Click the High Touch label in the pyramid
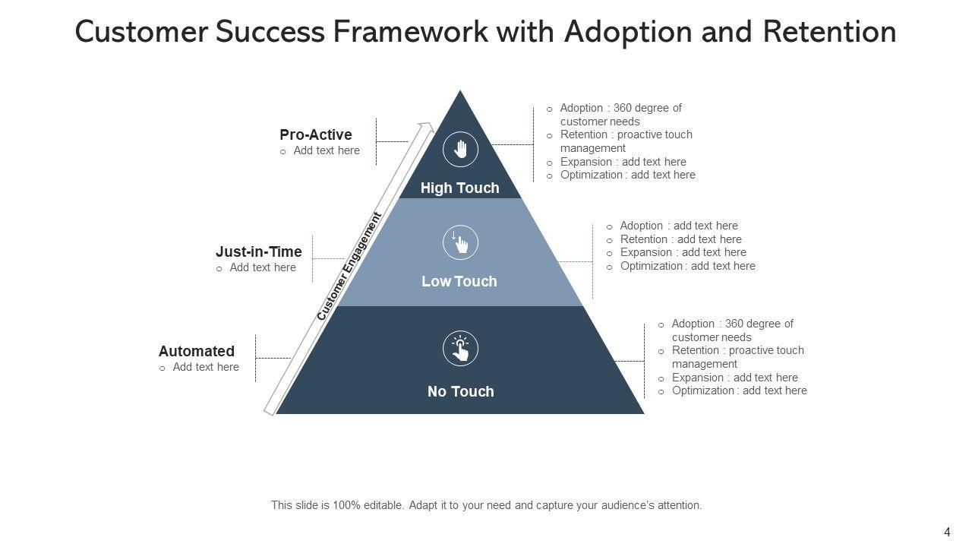coord(459,188)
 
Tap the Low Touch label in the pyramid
coord(459,281)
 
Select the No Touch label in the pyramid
coord(460,391)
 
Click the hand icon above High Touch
coord(460,149)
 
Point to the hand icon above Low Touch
coord(460,242)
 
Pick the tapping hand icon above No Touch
coord(460,349)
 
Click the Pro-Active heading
coord(315,134)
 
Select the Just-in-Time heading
coord(258,251)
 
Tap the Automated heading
coord(196,351)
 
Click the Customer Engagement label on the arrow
coord(349,267)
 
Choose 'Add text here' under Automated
coord(205,367)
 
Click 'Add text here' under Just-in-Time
coord(263,267)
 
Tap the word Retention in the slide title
coord(828,32)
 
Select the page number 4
coord(947,532)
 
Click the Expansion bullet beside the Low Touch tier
coord(683,252)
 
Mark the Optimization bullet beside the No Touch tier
coord(739,390)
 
